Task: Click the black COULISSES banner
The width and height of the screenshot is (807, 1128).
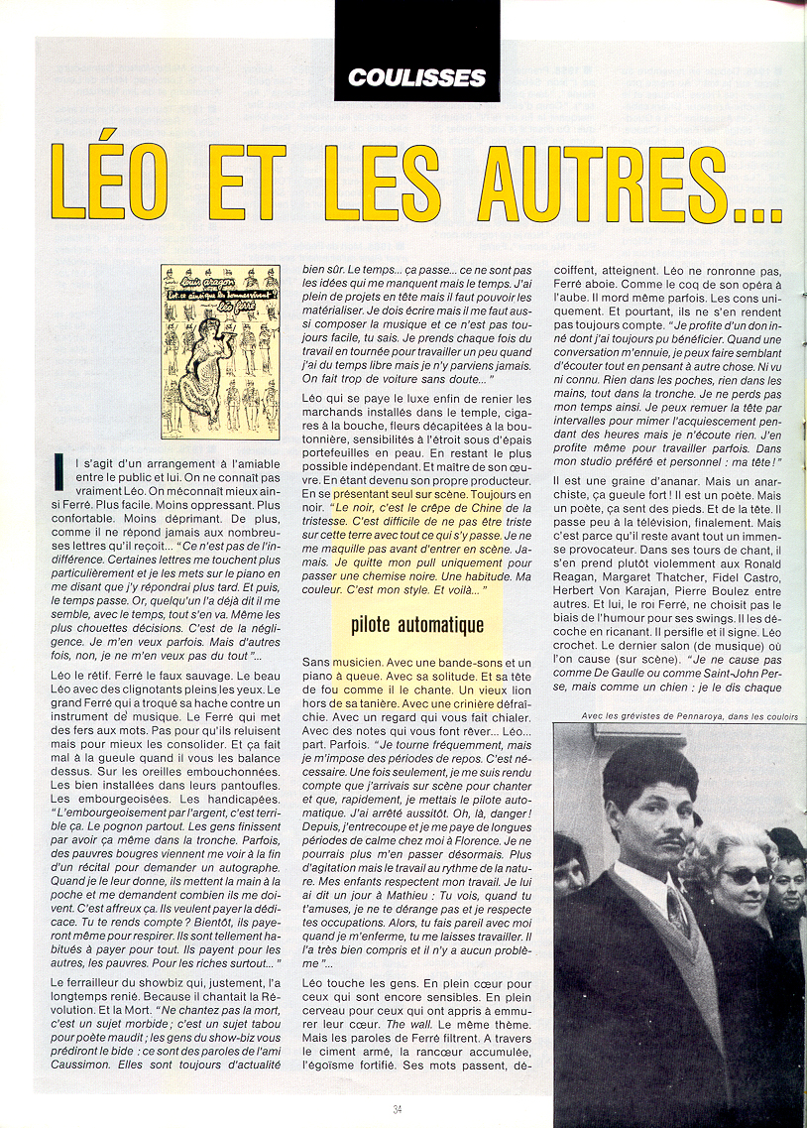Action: [x=416, y=76]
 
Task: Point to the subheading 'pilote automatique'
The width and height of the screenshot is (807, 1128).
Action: [x=416, y=625]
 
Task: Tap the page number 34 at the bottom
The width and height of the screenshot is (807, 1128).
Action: [x=399, y=1108]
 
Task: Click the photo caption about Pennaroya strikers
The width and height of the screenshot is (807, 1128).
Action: [x=684, y=715]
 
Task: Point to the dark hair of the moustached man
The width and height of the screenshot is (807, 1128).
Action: [x=648, y=769]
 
